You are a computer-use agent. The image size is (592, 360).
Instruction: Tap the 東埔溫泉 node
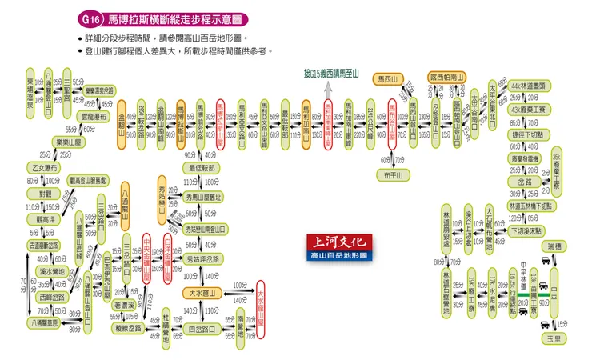[30, 94]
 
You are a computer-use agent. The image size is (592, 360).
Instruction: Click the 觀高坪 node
[41, 218]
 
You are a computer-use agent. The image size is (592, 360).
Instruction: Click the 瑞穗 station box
[554, 246]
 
